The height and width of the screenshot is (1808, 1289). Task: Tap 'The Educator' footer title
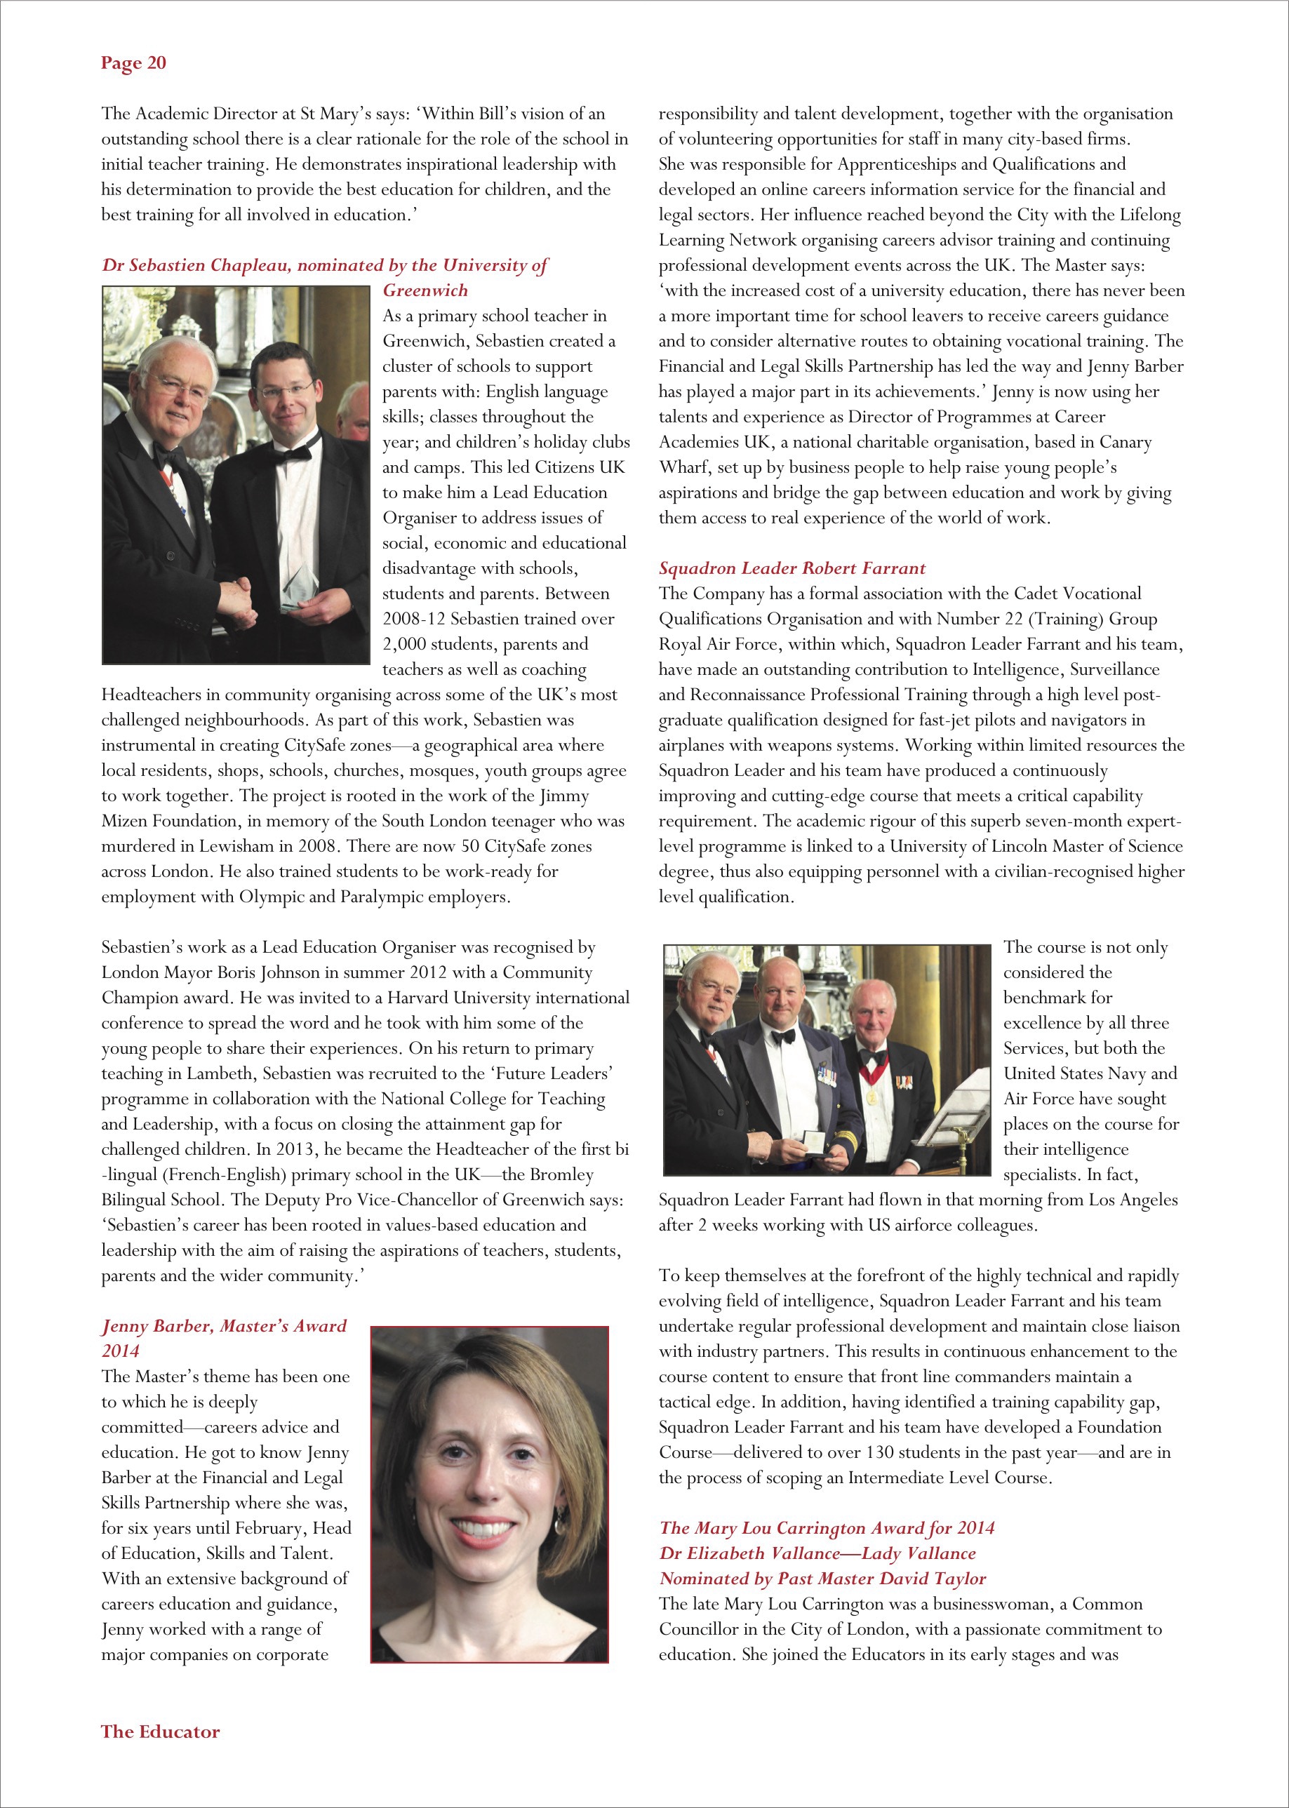160,1731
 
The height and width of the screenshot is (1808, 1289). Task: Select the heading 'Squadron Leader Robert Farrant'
792,568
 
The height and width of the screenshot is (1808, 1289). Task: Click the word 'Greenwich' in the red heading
425,290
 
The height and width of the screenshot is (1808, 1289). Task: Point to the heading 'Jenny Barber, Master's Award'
224,1325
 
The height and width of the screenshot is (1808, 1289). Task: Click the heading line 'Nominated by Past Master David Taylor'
822,1579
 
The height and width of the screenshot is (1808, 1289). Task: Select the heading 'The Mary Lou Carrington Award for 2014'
827,1528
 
